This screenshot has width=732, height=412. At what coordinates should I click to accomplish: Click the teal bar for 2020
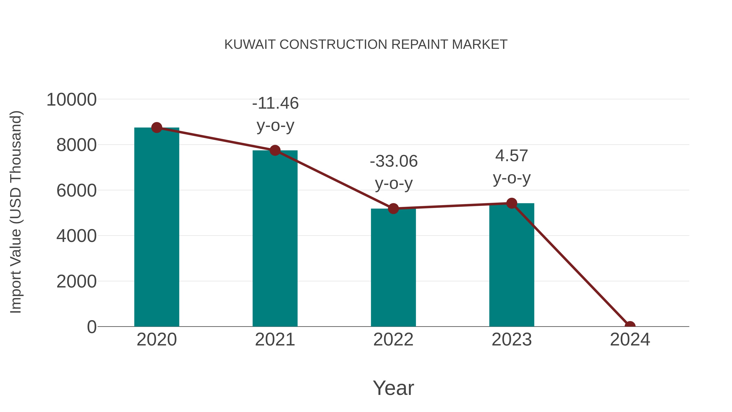pos(157,227)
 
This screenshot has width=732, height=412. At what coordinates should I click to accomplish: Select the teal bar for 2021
pos(275,239)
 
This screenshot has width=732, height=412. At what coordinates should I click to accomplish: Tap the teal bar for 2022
pos(393,267)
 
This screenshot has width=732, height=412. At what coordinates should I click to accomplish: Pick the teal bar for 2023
pos(512,264)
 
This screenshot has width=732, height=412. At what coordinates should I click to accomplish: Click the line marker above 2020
pos(157,128)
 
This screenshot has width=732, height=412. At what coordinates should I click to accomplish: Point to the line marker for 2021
pos(275,150)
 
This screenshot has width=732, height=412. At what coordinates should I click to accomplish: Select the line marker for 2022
pos(393,209)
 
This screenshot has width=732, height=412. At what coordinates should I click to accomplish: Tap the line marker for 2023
pos(512,203)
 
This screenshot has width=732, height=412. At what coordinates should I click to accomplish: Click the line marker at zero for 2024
pos(630,326)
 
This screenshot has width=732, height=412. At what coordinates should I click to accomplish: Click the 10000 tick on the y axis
pos(71,100)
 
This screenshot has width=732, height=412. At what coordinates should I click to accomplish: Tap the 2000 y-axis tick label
pos(76,282)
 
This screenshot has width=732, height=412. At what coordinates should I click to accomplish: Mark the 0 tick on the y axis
pos(92,327)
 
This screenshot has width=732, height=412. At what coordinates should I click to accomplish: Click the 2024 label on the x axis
pos(630,340)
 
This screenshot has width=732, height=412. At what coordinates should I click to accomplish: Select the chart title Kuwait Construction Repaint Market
pos(366,44)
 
